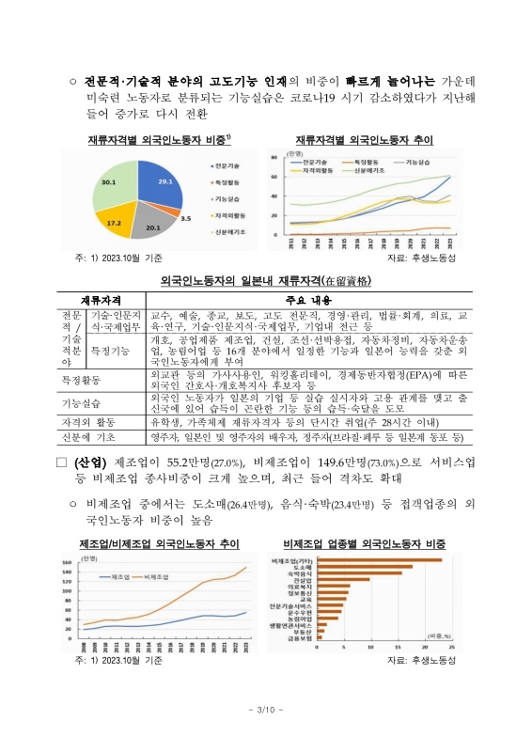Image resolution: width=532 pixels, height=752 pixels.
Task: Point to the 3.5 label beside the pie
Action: click(x=185, y=218)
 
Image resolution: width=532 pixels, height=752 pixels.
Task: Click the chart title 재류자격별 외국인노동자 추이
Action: click(x=364, y=139)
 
